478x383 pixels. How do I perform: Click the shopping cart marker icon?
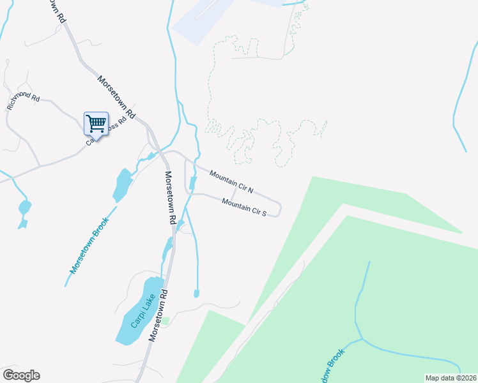(96, 123)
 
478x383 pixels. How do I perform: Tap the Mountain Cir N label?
(231, 182)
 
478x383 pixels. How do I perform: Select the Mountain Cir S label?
(244, 207)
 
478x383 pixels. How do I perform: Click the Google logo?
(21, 375)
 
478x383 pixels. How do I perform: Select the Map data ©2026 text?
(450, 378)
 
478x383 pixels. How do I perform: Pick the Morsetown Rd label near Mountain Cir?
(169, 197)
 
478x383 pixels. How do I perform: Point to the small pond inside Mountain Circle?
(193, 183)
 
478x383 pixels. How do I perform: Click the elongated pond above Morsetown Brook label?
(121, 184)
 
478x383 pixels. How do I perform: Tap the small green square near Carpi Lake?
(165, 320)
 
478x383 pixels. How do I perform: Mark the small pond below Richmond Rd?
(25, 207)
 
